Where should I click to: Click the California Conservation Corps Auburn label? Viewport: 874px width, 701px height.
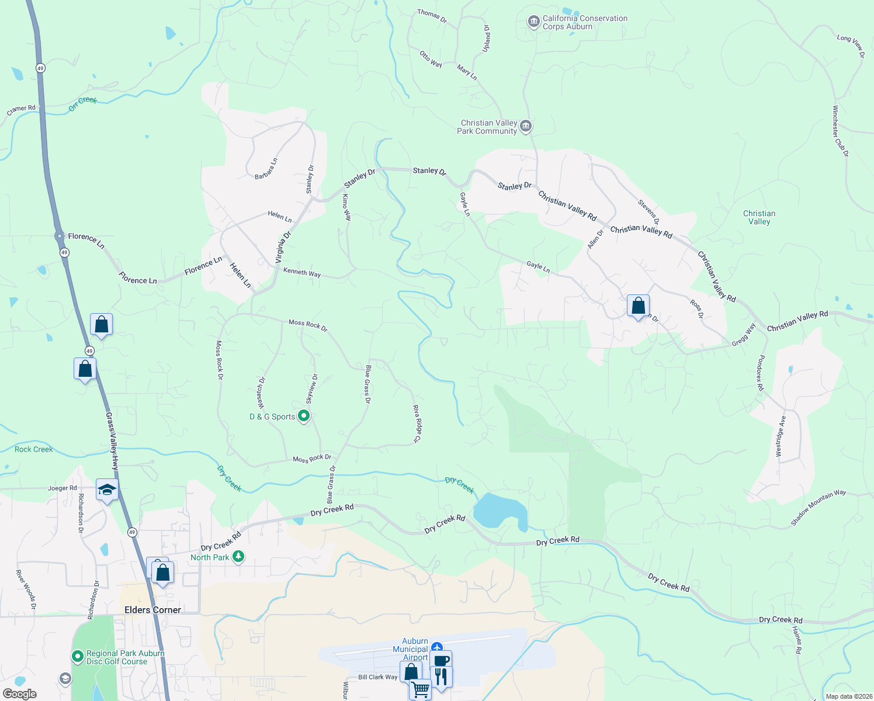coord(585,22)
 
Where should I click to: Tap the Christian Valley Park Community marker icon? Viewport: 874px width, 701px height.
coord(526,126)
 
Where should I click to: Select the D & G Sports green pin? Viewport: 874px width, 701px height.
coord(304,417)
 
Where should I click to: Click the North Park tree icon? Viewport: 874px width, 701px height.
coord(238,557)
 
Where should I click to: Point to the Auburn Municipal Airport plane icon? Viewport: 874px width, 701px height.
coord(437,647)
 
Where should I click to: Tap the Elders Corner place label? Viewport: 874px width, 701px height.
coord(152,610)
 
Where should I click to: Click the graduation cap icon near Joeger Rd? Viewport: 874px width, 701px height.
coord(107,490)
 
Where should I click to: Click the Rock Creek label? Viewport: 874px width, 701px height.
coord(34,449)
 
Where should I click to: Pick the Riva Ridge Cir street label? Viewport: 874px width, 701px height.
coord(417,423)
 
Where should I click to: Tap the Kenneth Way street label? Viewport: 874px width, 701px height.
coord(302,272)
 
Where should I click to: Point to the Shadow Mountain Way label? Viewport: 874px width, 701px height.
coord(818,507)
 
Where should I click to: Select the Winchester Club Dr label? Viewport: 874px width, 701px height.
coord(840,131)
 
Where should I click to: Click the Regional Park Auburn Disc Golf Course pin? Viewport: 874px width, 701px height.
coord(78,657)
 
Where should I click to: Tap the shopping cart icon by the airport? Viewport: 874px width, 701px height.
coord(421,689)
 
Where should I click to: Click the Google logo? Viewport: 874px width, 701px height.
coord(20,694)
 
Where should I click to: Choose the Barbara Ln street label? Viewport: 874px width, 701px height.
coord(266,169)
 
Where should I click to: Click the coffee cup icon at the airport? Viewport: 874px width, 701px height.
coord(442,661)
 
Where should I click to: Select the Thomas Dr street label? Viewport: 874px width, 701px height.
coord(432,16)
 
